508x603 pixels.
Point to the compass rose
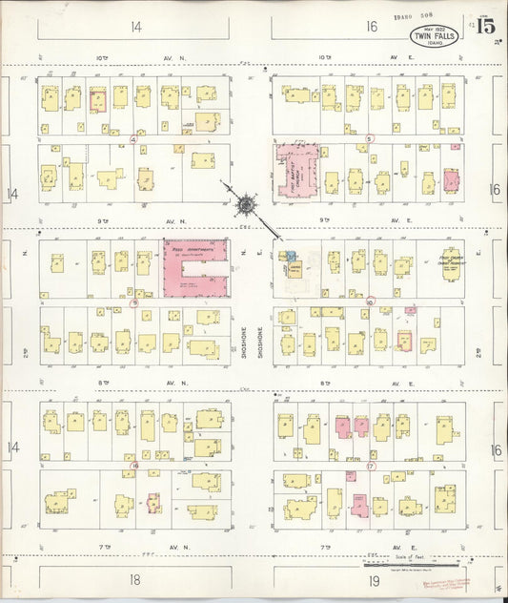[247, 203]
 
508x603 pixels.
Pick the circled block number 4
[133, 139]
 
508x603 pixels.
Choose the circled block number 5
[369, 139]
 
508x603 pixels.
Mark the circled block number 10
[370, 301]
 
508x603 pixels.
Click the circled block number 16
[135, 466]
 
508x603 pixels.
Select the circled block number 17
[371, 466]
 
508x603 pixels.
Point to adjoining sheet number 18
[135, 579]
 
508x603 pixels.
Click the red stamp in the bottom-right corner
[465, 582]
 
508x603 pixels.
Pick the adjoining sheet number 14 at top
[136, 27]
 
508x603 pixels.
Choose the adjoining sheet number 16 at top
[370, 27]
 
